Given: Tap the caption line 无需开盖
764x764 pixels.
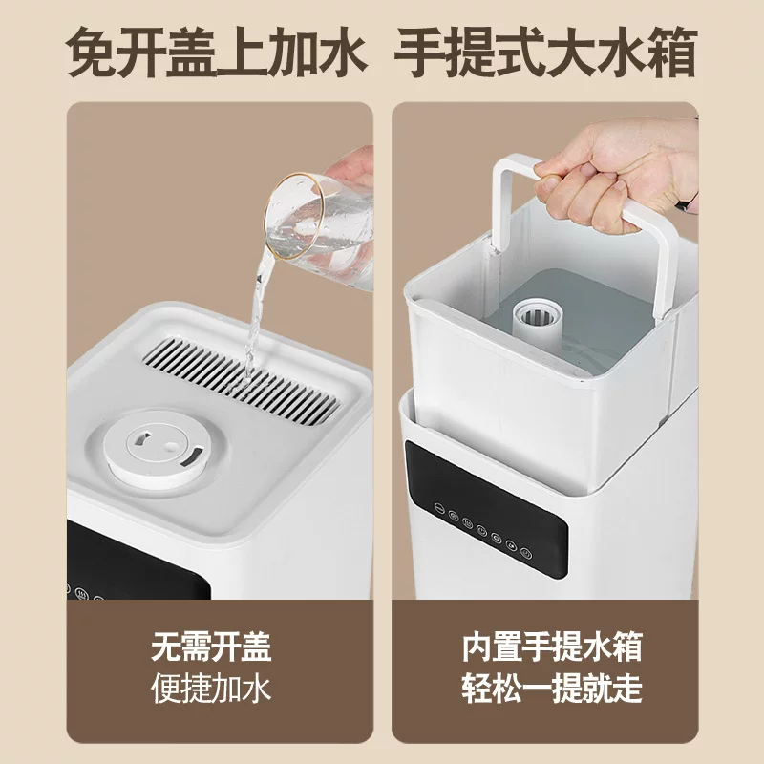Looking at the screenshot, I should coord(211,647).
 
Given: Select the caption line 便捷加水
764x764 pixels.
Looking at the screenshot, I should coord(211,688).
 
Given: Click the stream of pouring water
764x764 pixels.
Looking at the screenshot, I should coord(256,315).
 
